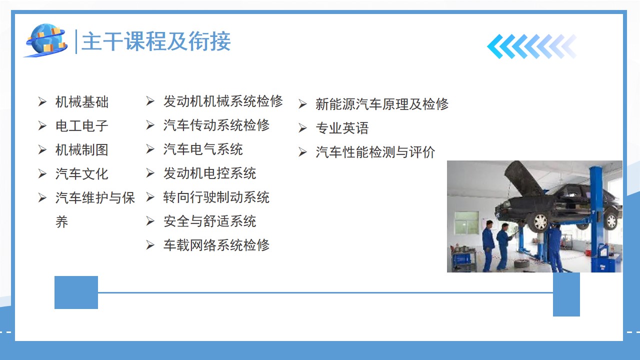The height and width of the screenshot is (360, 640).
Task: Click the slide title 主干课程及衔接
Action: tap(156, 41)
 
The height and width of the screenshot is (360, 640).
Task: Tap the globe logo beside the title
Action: tap(46, 40)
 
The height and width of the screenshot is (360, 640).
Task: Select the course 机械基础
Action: tap(82, 102)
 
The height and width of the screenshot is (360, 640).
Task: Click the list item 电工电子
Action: tap(82, 126)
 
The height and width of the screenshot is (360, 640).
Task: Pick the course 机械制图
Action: tap(82, 150)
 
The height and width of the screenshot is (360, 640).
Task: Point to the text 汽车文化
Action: tap(82, 174)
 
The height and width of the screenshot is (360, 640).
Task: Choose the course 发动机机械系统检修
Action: tap(223, 101)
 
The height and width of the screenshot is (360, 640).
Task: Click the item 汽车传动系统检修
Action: tap(216, 125)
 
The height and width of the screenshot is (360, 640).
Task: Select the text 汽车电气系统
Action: tap(203, 149)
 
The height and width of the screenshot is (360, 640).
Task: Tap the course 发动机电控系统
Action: tap(210, 173)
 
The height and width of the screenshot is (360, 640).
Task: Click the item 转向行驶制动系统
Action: tap(216, 197)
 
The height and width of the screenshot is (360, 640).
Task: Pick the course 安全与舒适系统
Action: tap(210, 221)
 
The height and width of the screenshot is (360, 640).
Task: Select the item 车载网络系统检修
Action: tap(216, 245)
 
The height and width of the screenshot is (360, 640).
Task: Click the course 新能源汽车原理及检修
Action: tap(382, 104)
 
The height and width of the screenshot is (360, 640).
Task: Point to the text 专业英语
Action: tap(342, 128)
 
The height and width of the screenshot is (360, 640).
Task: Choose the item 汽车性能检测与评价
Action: tap(375, 152)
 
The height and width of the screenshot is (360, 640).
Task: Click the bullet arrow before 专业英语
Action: tap(302, 128)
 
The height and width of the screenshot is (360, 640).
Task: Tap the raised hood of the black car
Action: tap(524, 178)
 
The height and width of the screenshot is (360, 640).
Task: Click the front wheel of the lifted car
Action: tap(539, 221)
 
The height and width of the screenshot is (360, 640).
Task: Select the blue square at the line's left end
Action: tap(76, 292)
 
